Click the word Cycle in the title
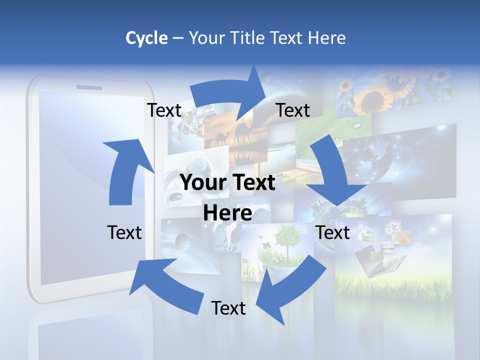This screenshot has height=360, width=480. click(146, 38)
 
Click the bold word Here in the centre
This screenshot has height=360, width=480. click(227, 213)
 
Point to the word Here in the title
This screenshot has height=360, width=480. click(325, 38)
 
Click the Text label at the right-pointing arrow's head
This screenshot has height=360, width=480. click(293, 110)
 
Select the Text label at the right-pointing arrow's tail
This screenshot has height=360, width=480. click(164, 110)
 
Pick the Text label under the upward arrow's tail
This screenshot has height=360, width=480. click(124, 232)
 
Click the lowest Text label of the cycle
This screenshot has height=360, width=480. click(228, 308)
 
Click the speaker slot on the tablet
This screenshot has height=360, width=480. click(89, 88)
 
